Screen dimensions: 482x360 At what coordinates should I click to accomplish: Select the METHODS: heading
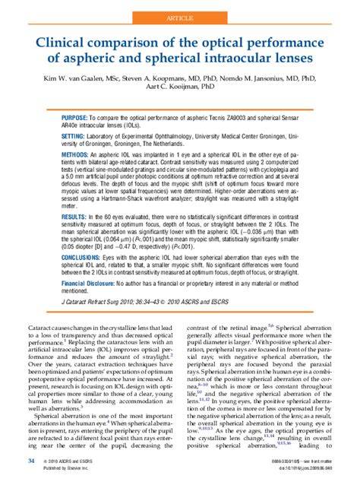pos(78,152)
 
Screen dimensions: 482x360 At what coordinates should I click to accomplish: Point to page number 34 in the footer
pos(31,461)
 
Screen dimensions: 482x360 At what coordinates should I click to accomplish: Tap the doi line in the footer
pos(305,470)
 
